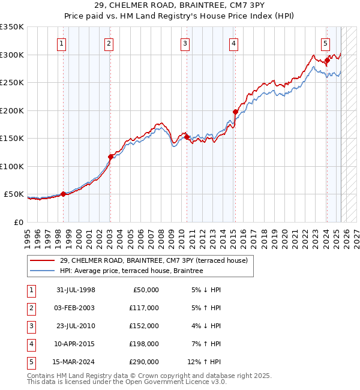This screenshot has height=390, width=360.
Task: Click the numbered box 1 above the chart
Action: pos(62,43)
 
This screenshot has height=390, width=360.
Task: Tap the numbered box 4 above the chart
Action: pos(233,43)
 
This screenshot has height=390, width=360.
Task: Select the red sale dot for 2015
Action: pos(235,112)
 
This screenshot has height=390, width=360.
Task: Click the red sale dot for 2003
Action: pos(110,157)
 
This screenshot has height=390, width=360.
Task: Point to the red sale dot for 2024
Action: pos(327,60)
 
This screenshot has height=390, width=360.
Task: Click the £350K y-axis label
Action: pos(11,27)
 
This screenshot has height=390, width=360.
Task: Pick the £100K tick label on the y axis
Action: pos(11,166)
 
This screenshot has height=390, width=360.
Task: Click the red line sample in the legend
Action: pos(42,261)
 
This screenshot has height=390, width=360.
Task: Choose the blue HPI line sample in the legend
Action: pos(42,271)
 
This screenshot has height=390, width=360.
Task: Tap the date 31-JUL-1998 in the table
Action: pos(76,290)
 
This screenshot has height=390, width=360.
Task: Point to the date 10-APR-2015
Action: pos(76,344)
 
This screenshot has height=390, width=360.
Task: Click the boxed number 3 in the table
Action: pos(29,326)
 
